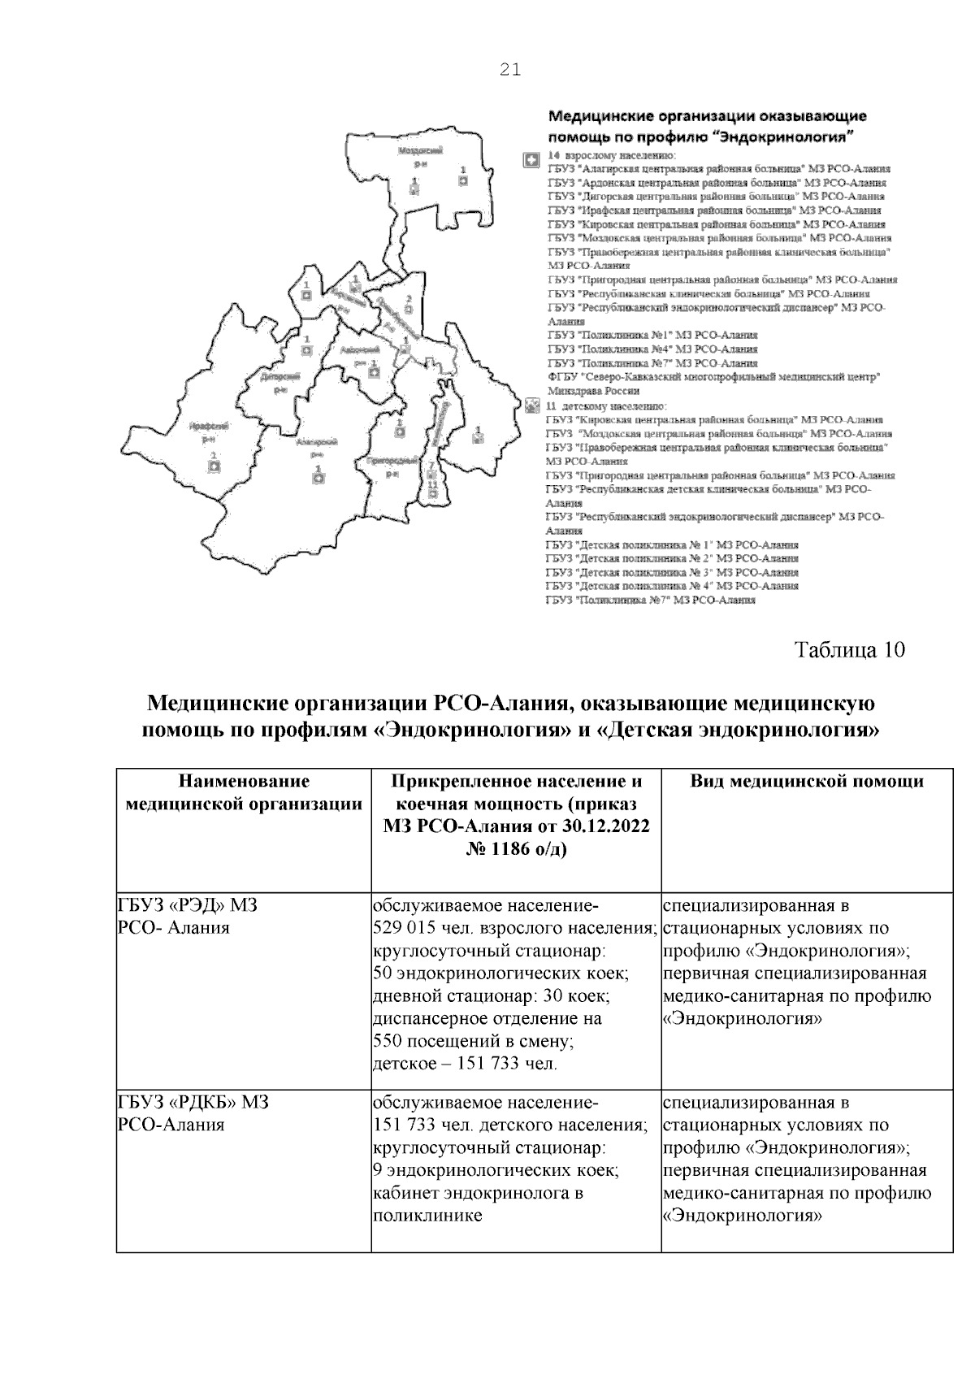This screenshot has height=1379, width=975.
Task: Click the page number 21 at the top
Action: tap(509, 70)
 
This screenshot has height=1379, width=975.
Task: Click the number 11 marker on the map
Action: tap(432, 484)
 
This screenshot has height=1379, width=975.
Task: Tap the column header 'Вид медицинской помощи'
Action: tap(807, 782)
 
